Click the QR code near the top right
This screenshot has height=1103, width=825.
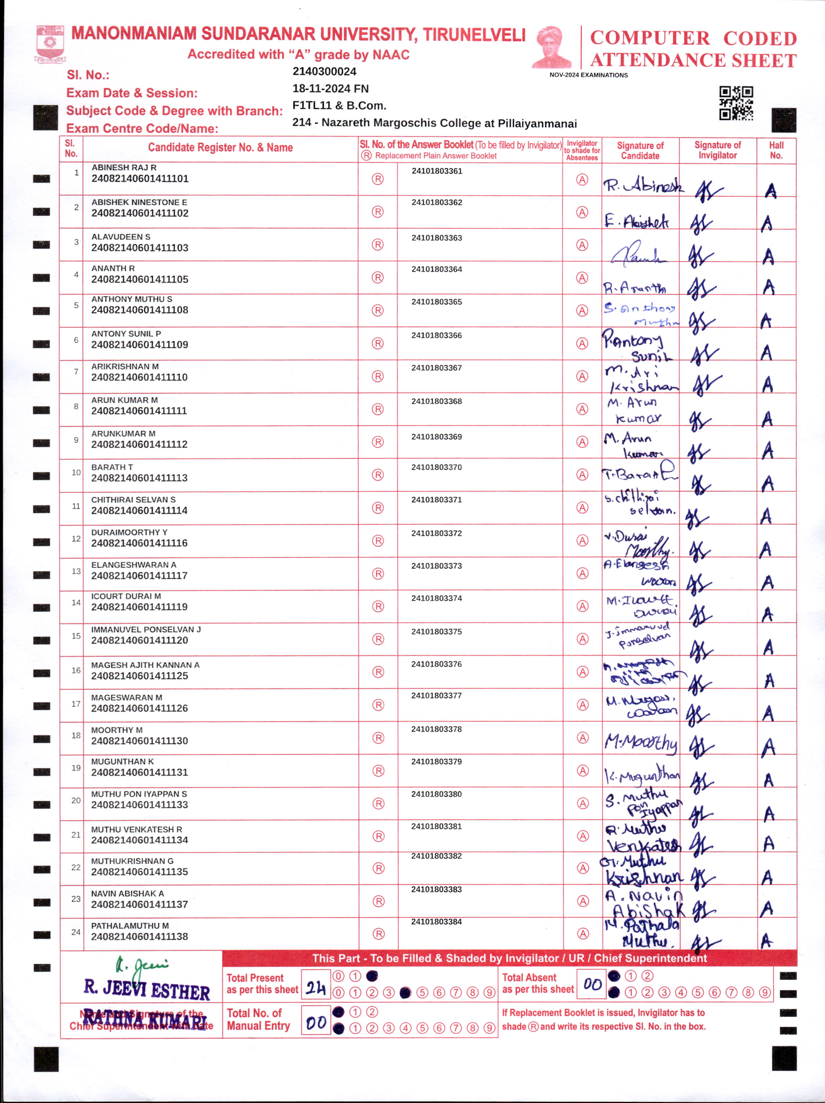736,103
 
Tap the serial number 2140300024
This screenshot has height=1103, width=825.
324,72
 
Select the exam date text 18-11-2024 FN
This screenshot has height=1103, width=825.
330,89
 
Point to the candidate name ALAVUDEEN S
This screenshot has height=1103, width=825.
120,237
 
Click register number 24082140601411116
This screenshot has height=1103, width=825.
139,543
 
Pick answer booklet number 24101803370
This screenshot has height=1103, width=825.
436,468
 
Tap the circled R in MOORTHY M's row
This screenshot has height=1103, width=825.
378,738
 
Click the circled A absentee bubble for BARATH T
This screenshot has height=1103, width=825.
582,475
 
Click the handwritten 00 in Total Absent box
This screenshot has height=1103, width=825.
592,984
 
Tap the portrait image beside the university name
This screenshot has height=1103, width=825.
551,47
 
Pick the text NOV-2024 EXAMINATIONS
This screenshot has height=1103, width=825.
588,75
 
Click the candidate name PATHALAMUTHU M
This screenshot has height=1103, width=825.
129,925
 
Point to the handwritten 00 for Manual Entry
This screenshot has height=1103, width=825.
316,1023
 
